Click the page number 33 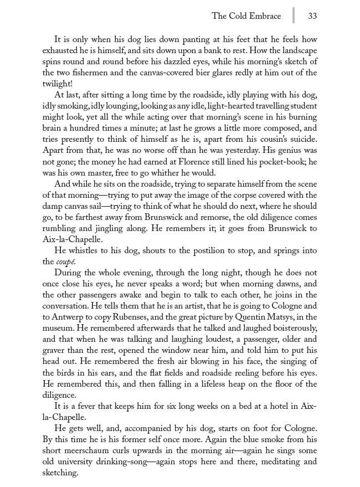(312, 16)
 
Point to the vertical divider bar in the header (293, 15)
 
